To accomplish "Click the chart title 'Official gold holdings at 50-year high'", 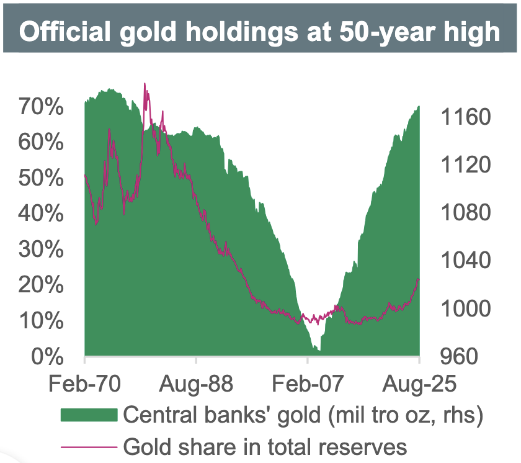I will point(260,32).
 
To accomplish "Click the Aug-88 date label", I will point(196,384).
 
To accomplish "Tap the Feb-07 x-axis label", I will point(308,384).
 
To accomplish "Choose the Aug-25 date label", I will point(419,384).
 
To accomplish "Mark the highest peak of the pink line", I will point(145,83).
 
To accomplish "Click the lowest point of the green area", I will point(319,351).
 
